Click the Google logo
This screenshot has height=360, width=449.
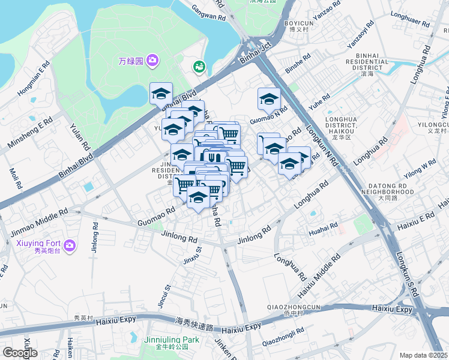click(20, 353)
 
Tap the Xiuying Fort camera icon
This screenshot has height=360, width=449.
click(70, 245)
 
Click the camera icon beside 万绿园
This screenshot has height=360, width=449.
click(152, 60)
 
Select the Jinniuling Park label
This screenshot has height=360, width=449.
click(171, 340)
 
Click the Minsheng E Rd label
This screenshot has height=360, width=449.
click(30, 134)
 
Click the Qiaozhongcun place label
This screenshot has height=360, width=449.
click(295, 307)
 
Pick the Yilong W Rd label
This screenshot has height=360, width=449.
click(420, 167)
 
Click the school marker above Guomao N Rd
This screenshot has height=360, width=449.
click(269, 98)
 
